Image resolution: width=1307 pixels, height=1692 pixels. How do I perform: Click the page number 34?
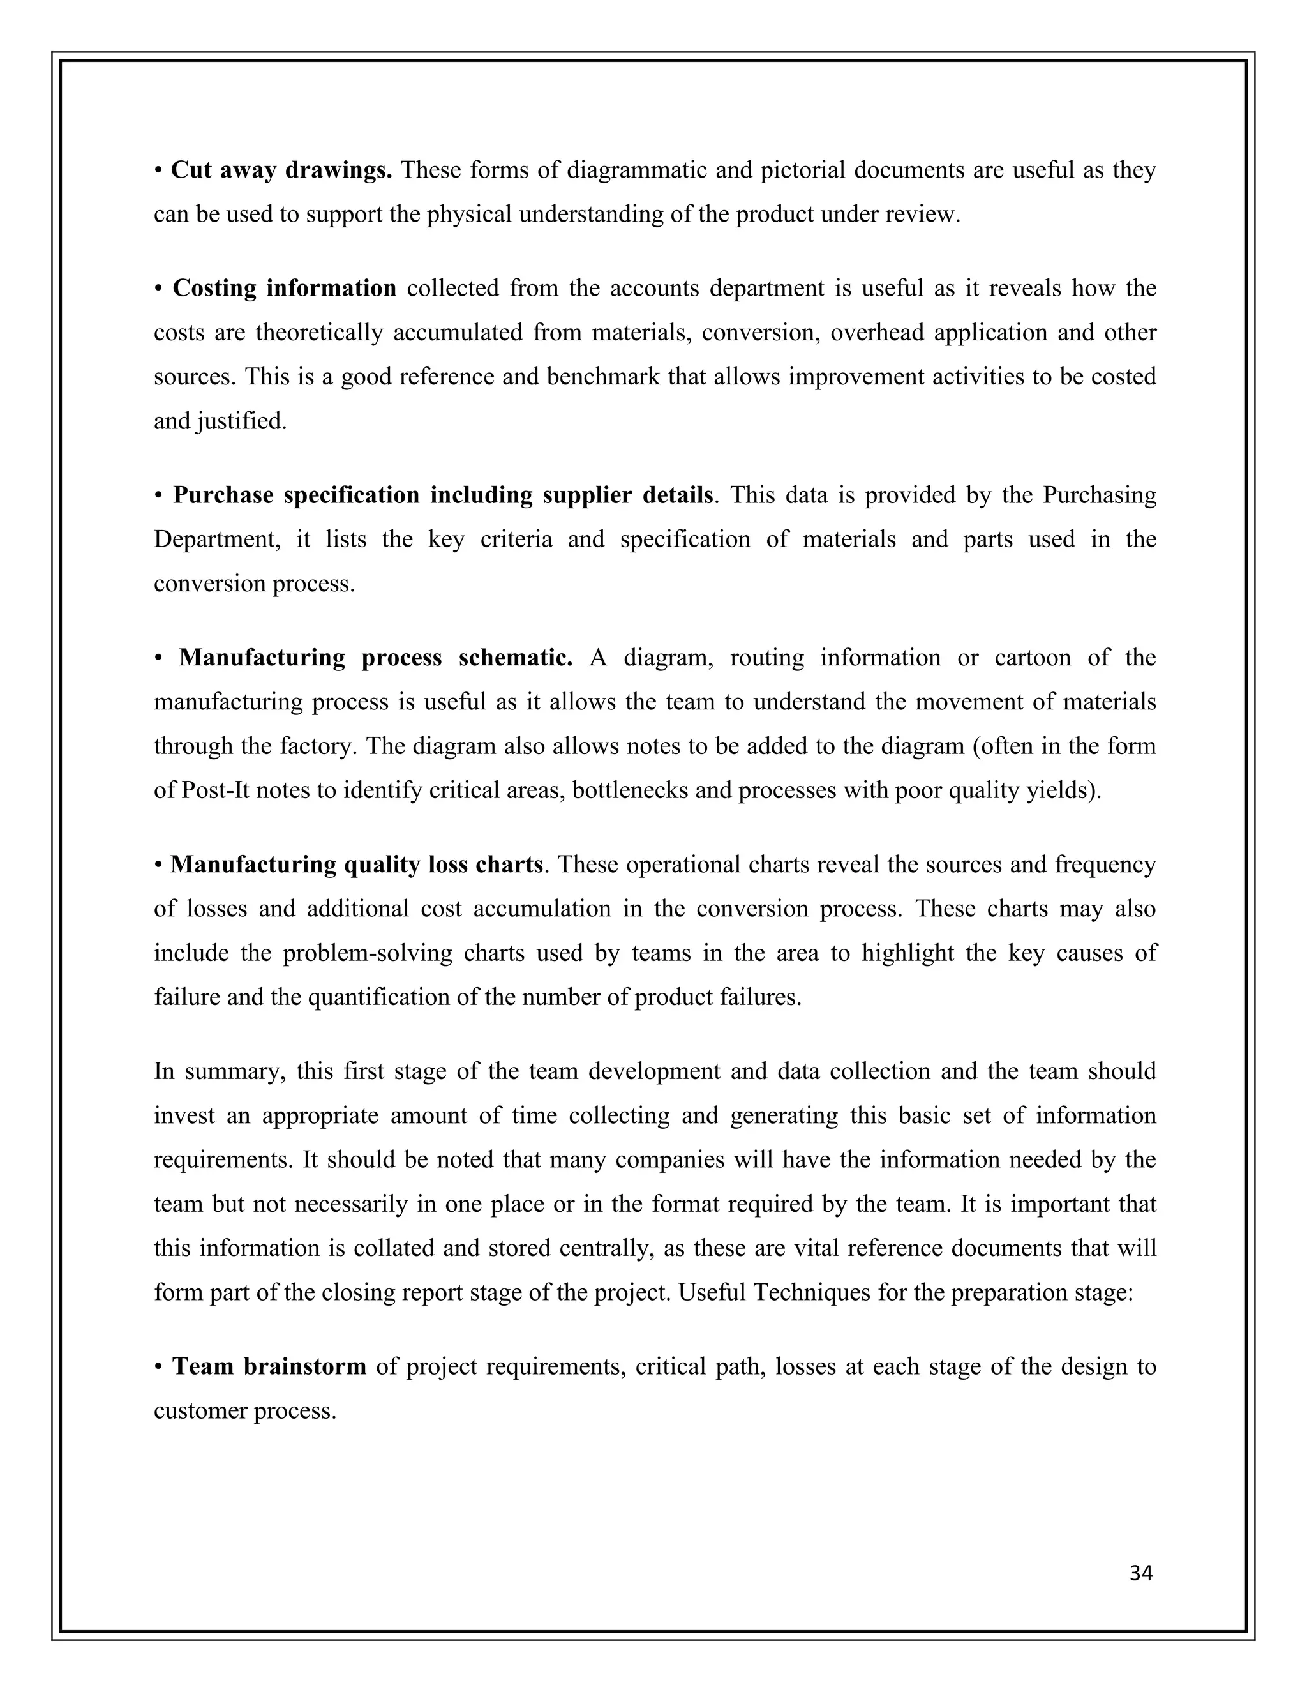click(x=1140, y=1573)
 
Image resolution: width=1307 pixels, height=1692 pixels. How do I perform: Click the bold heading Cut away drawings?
click(x=281, y=170)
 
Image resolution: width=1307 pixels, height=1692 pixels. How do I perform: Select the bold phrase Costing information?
click(x=284, y=288)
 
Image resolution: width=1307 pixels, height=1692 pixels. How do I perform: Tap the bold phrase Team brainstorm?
click(x=269, y=1366)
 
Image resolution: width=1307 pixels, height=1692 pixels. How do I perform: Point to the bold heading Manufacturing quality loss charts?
click(x=356, y=864)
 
